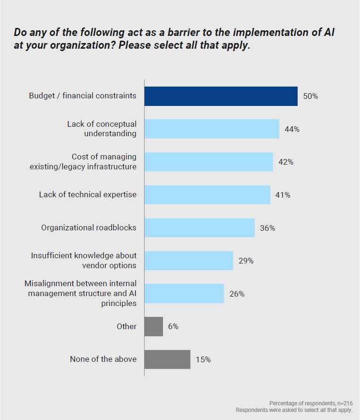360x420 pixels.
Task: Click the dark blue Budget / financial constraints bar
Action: [x=221, y=96]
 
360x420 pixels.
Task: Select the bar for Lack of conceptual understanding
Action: [x=212, y=129]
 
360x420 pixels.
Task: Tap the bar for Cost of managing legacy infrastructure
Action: [x=208, y=162]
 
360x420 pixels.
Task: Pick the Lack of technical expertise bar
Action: [x=207, y=195]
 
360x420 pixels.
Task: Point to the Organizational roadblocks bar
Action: [x=199, y=227]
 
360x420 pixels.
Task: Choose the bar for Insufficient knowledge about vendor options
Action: [x=189, y=261]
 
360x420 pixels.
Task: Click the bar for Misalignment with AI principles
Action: [x=184, y=294]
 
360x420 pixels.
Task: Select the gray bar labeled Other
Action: [x=154, y=326]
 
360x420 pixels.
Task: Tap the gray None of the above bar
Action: [x=167, y=359]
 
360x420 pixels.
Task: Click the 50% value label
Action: [x=310, y=96]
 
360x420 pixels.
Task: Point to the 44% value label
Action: [x=292, y=129]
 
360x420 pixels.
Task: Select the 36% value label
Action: [x=267, y=228]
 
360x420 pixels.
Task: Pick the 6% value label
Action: [x=173, y=326]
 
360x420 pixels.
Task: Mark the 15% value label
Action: [x=203, y=359]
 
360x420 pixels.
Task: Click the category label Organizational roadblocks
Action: [x=89, y=227]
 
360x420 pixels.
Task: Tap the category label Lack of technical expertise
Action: [x=88, y=194]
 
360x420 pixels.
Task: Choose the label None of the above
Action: [x=103, y=359]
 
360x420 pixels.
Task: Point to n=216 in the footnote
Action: [x=343, y=403]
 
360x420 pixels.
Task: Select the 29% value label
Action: [x=246, y=261]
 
